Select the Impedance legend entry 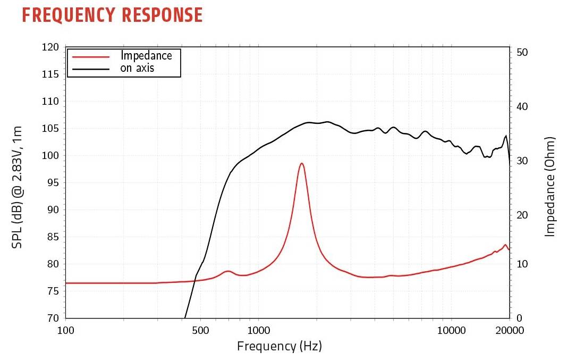coord(146,55)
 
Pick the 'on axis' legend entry coord(137,68)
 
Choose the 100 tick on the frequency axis coord(65,330)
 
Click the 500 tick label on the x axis coord(200,330)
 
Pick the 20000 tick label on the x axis coord(509,330)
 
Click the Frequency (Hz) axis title coord(279,347)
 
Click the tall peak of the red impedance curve coord(302,164)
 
